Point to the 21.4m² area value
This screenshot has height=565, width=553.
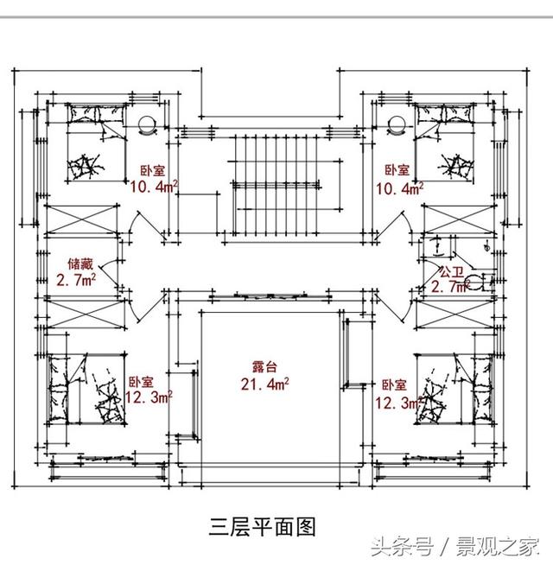(264, 384)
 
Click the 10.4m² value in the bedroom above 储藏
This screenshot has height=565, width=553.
(154, 186)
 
